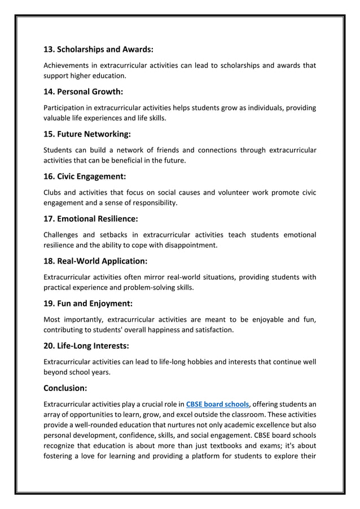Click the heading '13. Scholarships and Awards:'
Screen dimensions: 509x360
[98, 49]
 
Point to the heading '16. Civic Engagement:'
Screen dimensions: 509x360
[85, 177]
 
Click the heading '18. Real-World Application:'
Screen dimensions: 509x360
[95, 261]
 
